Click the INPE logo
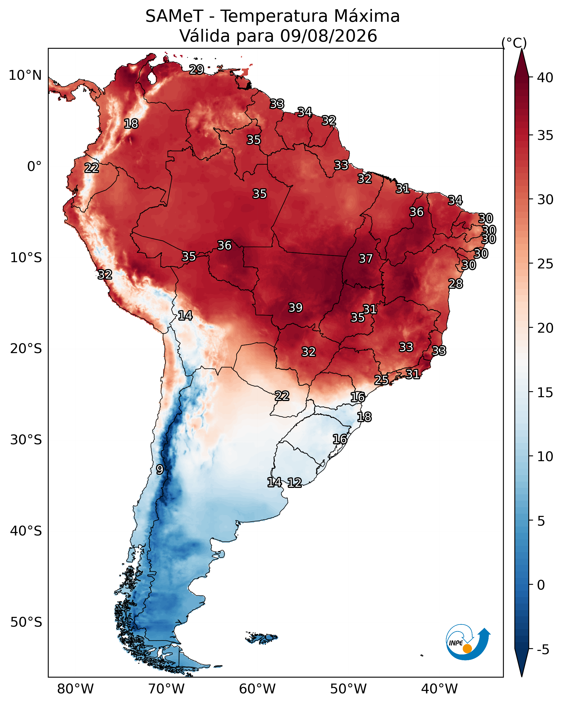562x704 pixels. (x=468, y=643)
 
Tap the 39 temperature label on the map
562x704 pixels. (x=296, y=308)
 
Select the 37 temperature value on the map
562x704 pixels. (x=366, y=259)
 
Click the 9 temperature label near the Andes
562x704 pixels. (x=160, y=470)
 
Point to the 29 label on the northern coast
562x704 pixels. (x=197, y=69)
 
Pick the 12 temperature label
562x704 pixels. (x=294, y=483)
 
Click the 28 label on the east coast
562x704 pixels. (x=456, y=284)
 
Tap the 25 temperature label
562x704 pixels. (x=381, y=380)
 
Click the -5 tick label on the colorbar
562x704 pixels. (x=543, y=650)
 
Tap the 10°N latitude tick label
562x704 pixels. (x=25, y=75)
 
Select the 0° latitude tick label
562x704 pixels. (x=34, y=167)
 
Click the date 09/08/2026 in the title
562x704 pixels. (x=328, y=36)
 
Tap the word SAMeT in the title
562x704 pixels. (x=175, y=16)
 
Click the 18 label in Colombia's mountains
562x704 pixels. (x=131, y=124)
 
